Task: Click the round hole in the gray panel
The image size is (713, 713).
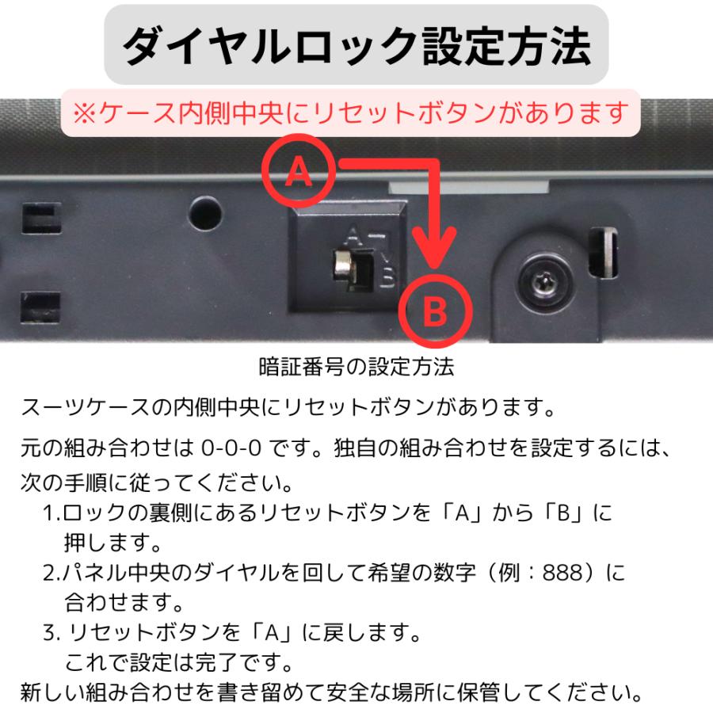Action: [x=206, y=212]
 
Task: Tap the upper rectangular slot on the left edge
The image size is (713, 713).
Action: [x=40, y=218]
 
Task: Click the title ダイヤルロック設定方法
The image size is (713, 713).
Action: [x=356, y=46]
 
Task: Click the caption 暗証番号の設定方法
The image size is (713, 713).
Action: [x=356, y=368]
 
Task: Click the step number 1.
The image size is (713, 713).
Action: [x=49, y=513]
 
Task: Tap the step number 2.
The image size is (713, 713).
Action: [x=49, y=572]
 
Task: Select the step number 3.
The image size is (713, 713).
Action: [x=49, y=632]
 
